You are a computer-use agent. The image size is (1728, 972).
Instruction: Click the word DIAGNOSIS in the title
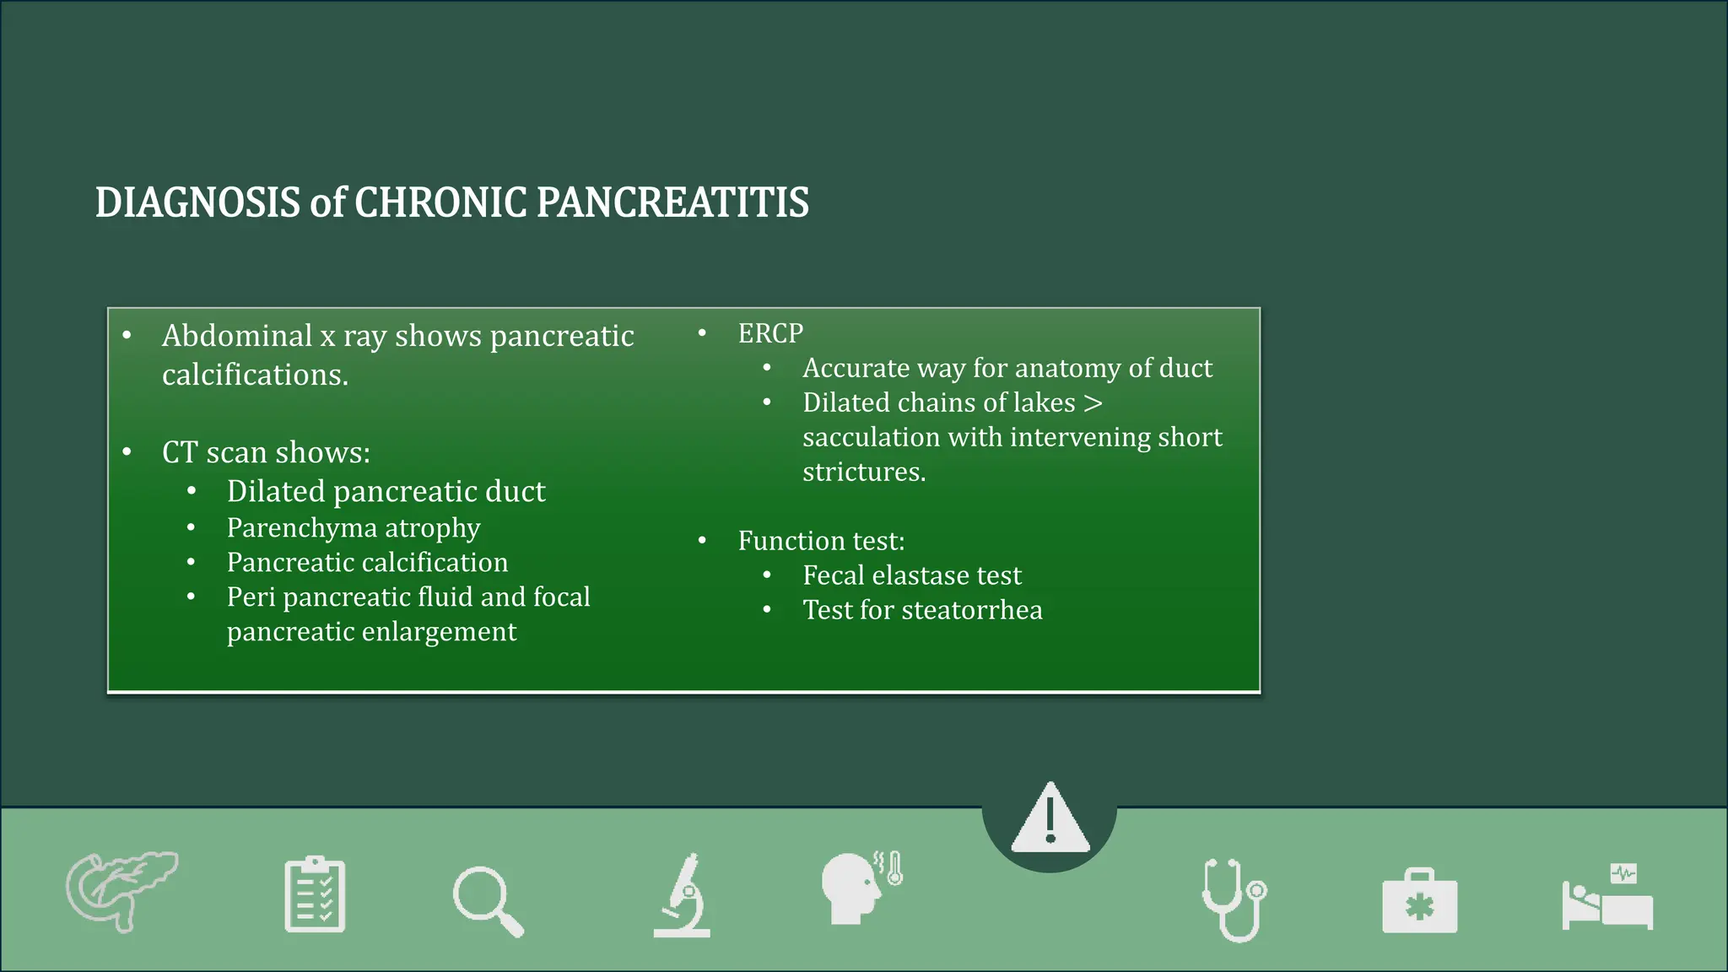tap(197, 203)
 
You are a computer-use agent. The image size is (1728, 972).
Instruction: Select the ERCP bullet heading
tap(769, 333)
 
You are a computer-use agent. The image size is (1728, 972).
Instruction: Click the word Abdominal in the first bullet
tap(237, 336)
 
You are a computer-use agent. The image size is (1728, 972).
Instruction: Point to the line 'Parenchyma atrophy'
tap(353, 528)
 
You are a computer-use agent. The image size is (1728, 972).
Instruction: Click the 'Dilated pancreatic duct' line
tap(386, 491)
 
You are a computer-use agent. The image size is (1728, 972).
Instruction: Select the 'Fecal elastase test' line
tap(911, 575)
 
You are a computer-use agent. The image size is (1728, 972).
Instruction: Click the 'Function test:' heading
tap(820, 541)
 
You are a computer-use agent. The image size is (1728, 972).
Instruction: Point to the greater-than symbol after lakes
tap(1093, 403)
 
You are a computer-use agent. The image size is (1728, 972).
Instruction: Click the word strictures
tap(863, 472)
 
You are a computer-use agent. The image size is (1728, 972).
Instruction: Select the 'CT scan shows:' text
tap(266, 453)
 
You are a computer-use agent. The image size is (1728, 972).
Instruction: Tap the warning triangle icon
tap(1050, 818)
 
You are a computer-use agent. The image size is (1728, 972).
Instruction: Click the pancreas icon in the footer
tap(121, 891)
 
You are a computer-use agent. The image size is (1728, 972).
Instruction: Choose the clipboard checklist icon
tap(315, 894)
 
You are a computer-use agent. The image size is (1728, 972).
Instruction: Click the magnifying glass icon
tap(488, 900)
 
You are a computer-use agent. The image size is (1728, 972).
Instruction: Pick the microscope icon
tap(682, 896)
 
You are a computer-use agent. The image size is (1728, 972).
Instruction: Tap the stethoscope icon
tap(1234, 899)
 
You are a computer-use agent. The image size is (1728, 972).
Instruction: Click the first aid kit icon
tap(1419, 901)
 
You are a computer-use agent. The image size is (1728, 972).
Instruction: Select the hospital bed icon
tap(1607, 898)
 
